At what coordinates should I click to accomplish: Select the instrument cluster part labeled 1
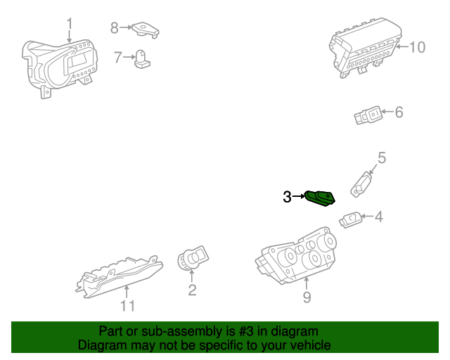60,68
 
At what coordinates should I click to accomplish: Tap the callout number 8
114,28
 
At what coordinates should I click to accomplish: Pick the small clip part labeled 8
146,30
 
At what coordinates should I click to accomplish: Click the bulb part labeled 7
142,59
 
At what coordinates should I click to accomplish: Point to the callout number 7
118,57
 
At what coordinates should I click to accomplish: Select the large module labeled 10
364,48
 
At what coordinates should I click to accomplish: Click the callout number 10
417,47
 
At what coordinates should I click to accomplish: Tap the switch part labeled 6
368,115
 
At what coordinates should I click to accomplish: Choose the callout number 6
399,112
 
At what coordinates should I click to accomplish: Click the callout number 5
382,157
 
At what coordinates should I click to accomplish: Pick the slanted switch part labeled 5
361,184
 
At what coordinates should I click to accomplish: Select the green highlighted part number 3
320,198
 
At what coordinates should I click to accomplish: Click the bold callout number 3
287,197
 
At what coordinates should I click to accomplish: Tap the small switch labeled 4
351,219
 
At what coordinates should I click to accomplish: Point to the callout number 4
379,217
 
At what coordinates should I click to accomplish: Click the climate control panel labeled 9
296,256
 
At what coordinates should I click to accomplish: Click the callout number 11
127,306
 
